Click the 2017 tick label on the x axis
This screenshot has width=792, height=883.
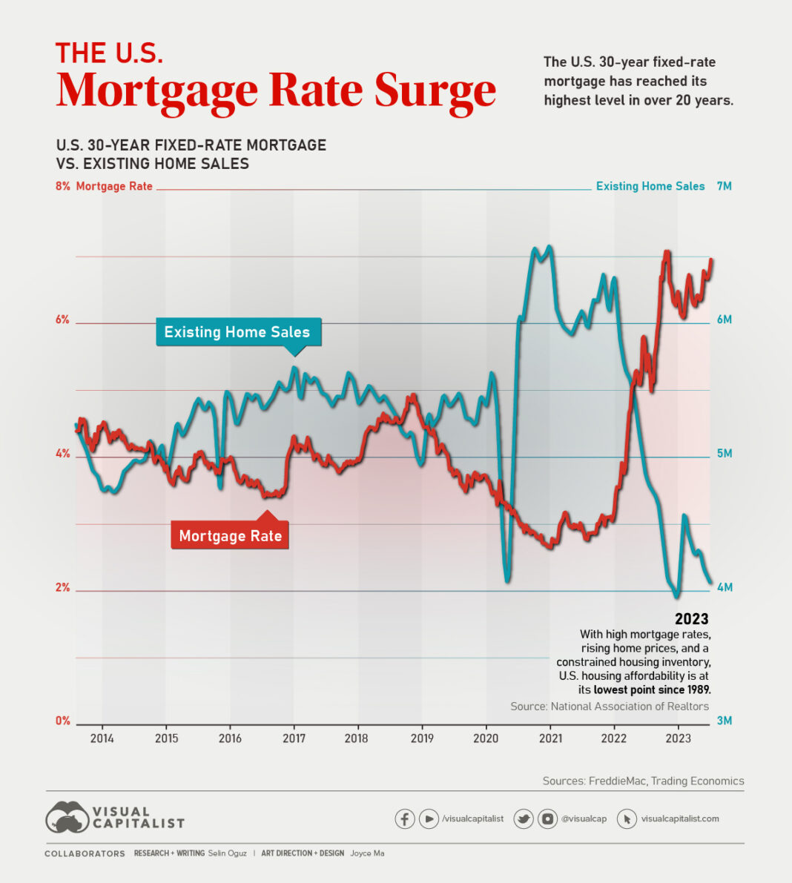[x=294, y=738]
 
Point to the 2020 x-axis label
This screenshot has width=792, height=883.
[x=486, y=738]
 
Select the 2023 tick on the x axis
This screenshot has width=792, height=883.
[x=678, y=738]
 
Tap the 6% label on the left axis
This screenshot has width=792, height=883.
[x=62, y=320]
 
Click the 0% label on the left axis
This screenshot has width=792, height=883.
[x=62, y=721]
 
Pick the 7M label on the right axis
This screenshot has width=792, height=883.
[x=724, y=186]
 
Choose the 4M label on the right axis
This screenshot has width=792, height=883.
[x=724, y=587]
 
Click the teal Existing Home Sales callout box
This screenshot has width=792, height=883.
[x=237, y=332]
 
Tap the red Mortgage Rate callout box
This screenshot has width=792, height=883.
[x=230, y=536]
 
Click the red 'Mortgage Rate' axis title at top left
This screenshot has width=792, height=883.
[x=114, y=186]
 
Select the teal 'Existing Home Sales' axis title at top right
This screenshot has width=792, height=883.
[x=650, y=186]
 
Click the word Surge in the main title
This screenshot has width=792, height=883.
[x=435, y=90]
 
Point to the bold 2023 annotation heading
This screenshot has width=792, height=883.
[x=691, y=619]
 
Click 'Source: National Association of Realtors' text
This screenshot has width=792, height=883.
[x=610, y=707]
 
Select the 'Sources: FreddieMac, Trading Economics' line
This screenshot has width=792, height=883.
[x=643, y=781]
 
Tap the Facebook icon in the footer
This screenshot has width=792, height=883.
[x=404, y=818]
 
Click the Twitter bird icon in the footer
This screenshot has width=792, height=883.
[x=524, y=818]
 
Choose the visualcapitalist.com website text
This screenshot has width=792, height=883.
[x=680, y=818]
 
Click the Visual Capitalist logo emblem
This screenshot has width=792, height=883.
[x=67, y=817]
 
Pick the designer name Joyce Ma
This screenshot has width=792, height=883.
[x=367, y=853]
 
